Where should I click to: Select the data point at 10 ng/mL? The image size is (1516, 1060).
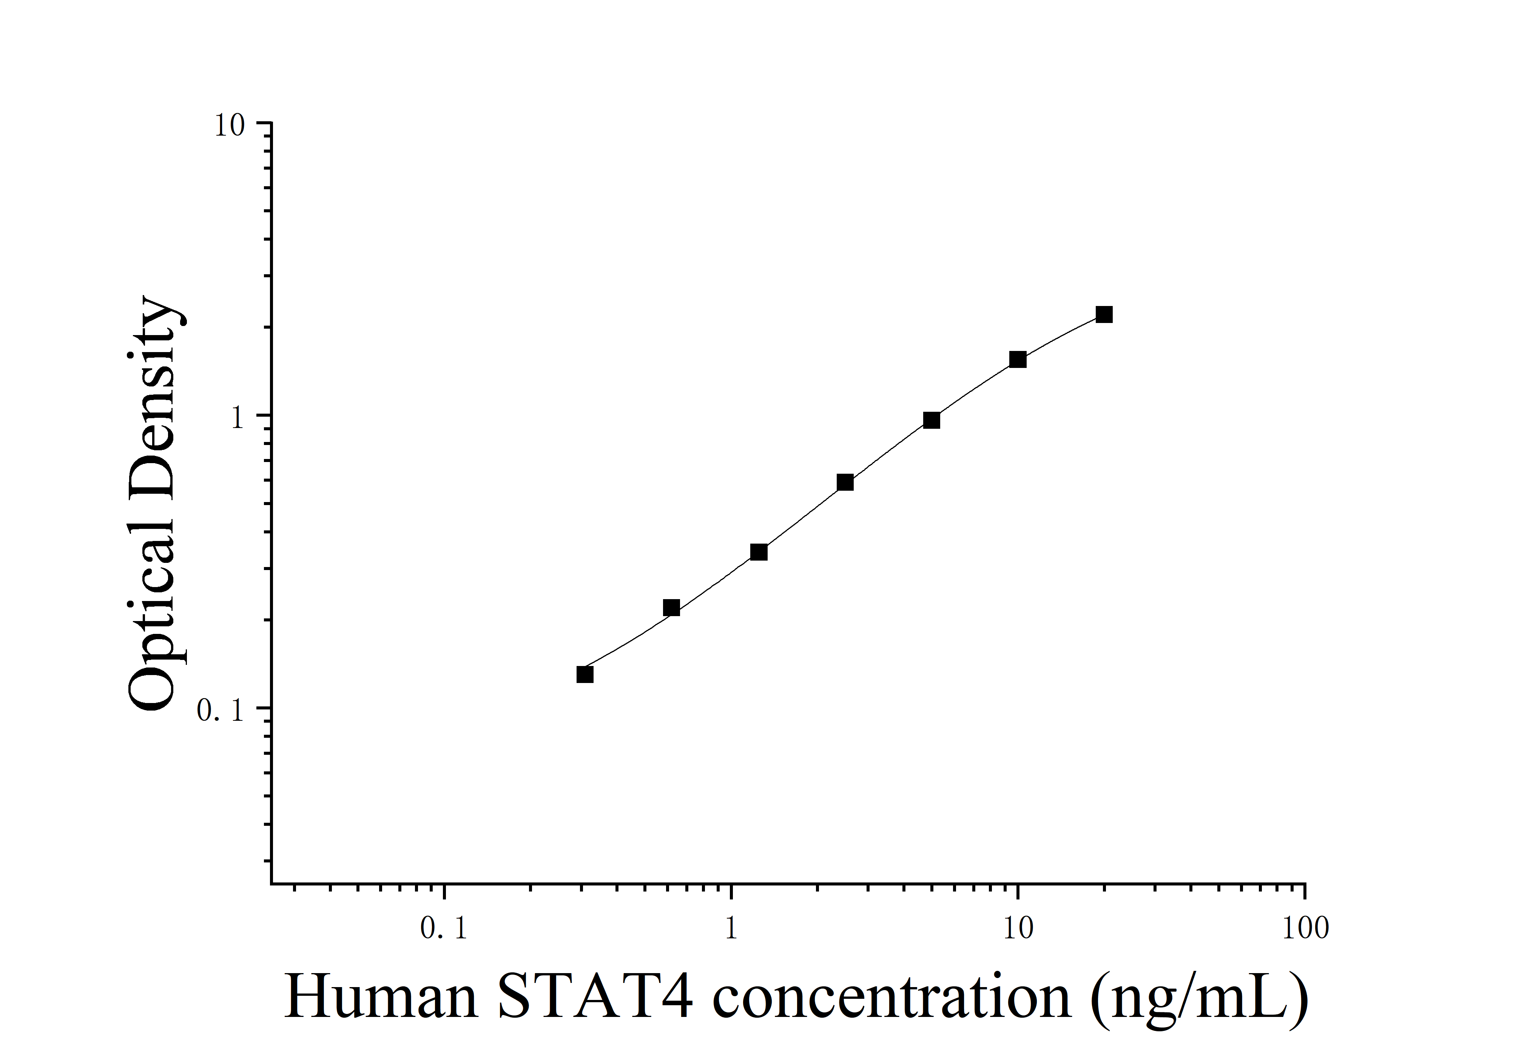point(1018,360)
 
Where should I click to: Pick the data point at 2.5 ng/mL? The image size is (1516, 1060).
point(845,482)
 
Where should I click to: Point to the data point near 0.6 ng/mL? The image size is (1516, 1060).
point(671,607)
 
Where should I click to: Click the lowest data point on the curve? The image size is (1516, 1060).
point(585,674)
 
